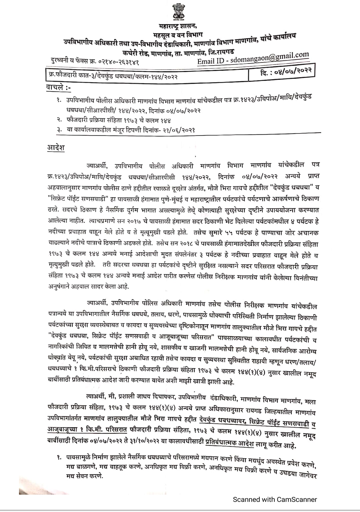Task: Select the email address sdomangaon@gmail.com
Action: [270, 58]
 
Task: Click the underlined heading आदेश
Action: [56, 147]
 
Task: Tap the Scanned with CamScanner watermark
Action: [275, 499]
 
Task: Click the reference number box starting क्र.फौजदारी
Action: [112, 76]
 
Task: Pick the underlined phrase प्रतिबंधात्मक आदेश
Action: [230, 444]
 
